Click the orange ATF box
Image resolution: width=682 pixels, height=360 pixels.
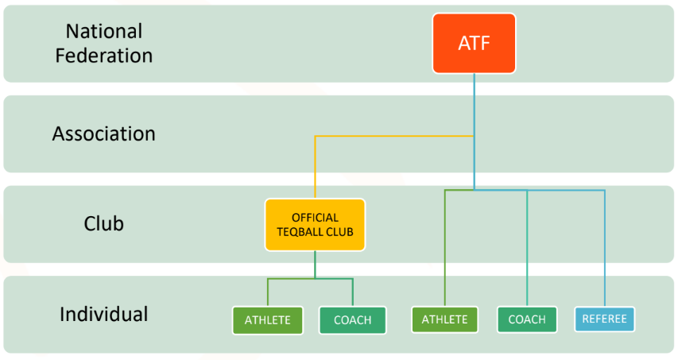tap(474, 43)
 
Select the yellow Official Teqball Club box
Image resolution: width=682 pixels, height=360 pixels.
tap(315, 225)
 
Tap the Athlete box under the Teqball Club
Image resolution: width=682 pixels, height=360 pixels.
tap(268, 320)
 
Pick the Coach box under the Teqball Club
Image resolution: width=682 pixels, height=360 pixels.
tap(352, 320)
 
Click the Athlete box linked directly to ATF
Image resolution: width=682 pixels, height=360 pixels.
tap(444, 319)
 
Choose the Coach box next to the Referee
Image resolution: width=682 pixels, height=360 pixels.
tap(527, 319)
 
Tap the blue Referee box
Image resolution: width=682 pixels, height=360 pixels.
tap(604, 319)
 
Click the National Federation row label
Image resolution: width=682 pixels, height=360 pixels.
tap(104, 43)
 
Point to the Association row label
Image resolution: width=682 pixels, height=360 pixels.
tap(104, 134)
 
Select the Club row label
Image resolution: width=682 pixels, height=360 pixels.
tap(104, 224)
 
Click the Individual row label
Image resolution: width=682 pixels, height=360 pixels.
tap(104, 314)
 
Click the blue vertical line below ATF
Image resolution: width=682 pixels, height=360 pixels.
tap(475, 103)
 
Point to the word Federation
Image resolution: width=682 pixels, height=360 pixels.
tap(109, 56)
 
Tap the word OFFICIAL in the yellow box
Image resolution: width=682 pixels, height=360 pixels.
tap(315, 218)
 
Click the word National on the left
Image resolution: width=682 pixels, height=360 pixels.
tap(104, 32)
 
